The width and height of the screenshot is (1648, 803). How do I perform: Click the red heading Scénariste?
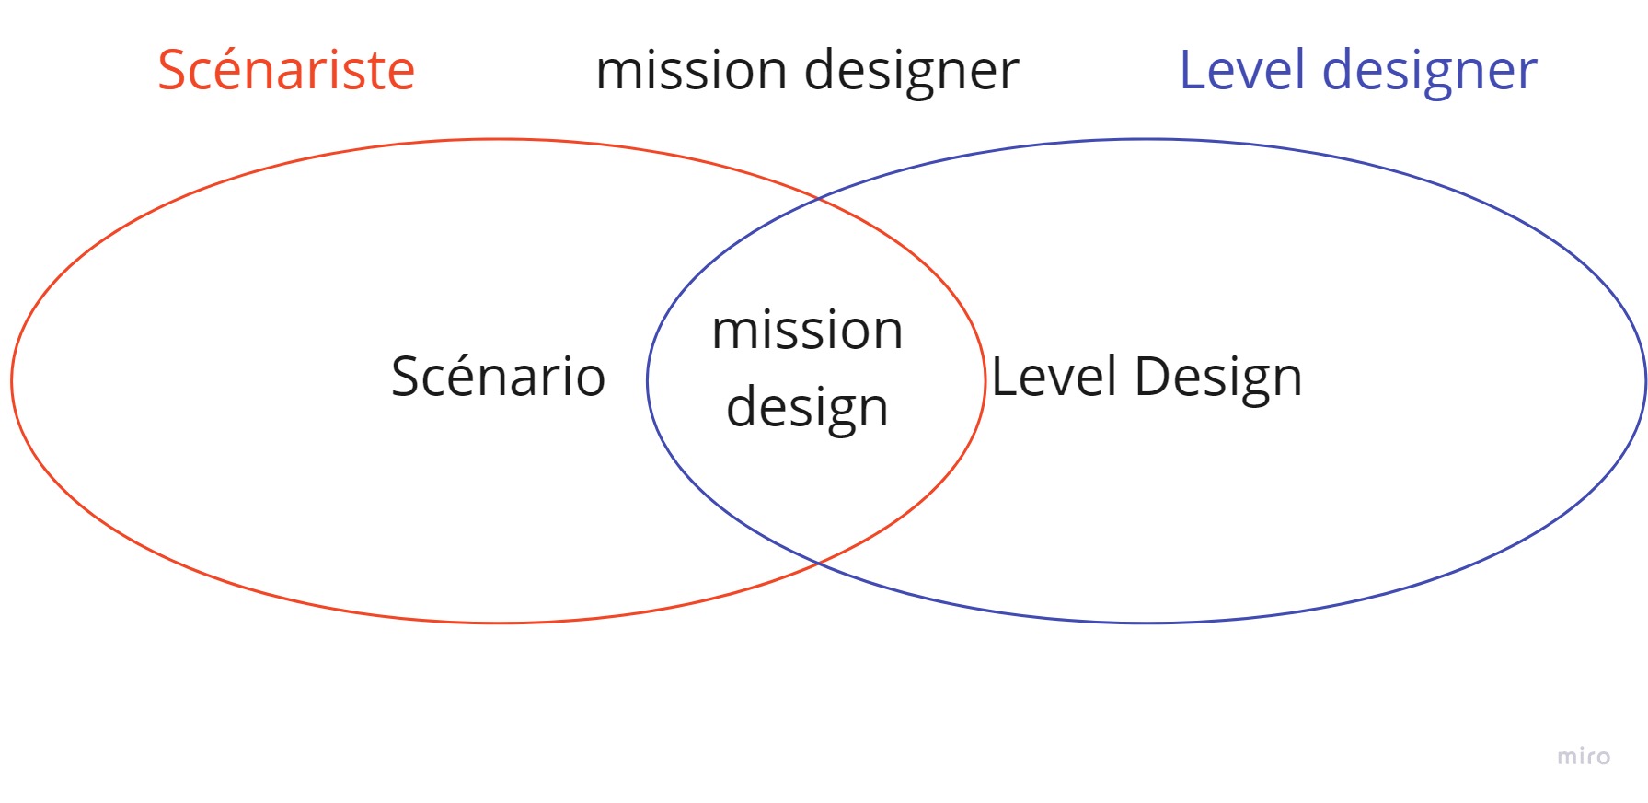[286, 70]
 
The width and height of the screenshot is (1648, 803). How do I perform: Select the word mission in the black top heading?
[691, 70]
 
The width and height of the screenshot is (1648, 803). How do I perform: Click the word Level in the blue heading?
[1242, 70]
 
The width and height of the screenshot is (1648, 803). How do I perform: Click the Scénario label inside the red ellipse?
[498, 376]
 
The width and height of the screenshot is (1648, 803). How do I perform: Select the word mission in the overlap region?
[807, 330]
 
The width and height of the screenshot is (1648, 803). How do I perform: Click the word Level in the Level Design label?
[1054, 377]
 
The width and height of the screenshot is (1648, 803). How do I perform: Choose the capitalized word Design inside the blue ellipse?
[1218, 378]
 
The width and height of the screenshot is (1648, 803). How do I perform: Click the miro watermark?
[1584, 757]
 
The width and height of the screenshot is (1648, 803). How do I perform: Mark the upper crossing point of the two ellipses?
[818, 199]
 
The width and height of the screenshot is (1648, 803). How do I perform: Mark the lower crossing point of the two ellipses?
[818, 562]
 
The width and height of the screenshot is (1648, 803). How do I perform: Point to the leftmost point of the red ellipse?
[12, 380]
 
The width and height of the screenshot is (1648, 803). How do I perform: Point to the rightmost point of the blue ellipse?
[1645, 380]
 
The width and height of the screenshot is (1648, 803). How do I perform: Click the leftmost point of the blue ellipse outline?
[648, 380]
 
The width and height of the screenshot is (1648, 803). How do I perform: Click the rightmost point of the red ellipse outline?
[985, 380]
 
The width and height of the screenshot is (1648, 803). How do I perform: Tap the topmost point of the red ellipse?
[498, 139]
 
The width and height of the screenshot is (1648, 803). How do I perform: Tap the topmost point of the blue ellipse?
[1147, 139]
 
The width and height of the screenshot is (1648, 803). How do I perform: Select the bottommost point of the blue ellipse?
[1147, 623]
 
